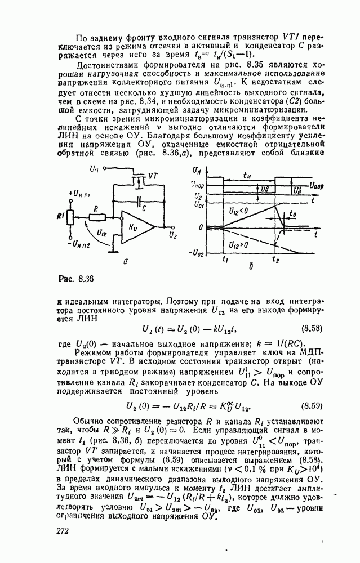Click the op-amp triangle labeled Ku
(x=141, y=226)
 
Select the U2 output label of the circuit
(x=173, y=235)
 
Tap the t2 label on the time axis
(x=275, y=260)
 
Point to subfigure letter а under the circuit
(x=131, y=261)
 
